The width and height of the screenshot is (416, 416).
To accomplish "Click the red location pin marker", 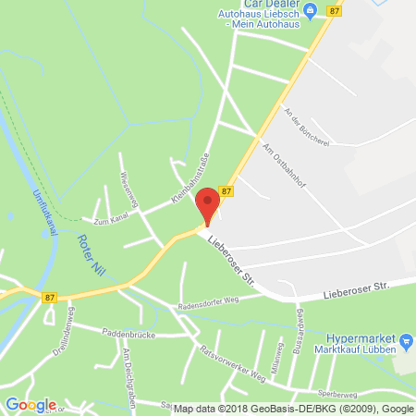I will point(209,204).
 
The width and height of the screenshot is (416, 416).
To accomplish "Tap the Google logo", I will point(31,404).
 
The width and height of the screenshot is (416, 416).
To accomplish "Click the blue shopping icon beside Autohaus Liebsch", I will point(311,11).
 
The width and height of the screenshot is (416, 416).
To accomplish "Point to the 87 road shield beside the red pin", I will point(227,191).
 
